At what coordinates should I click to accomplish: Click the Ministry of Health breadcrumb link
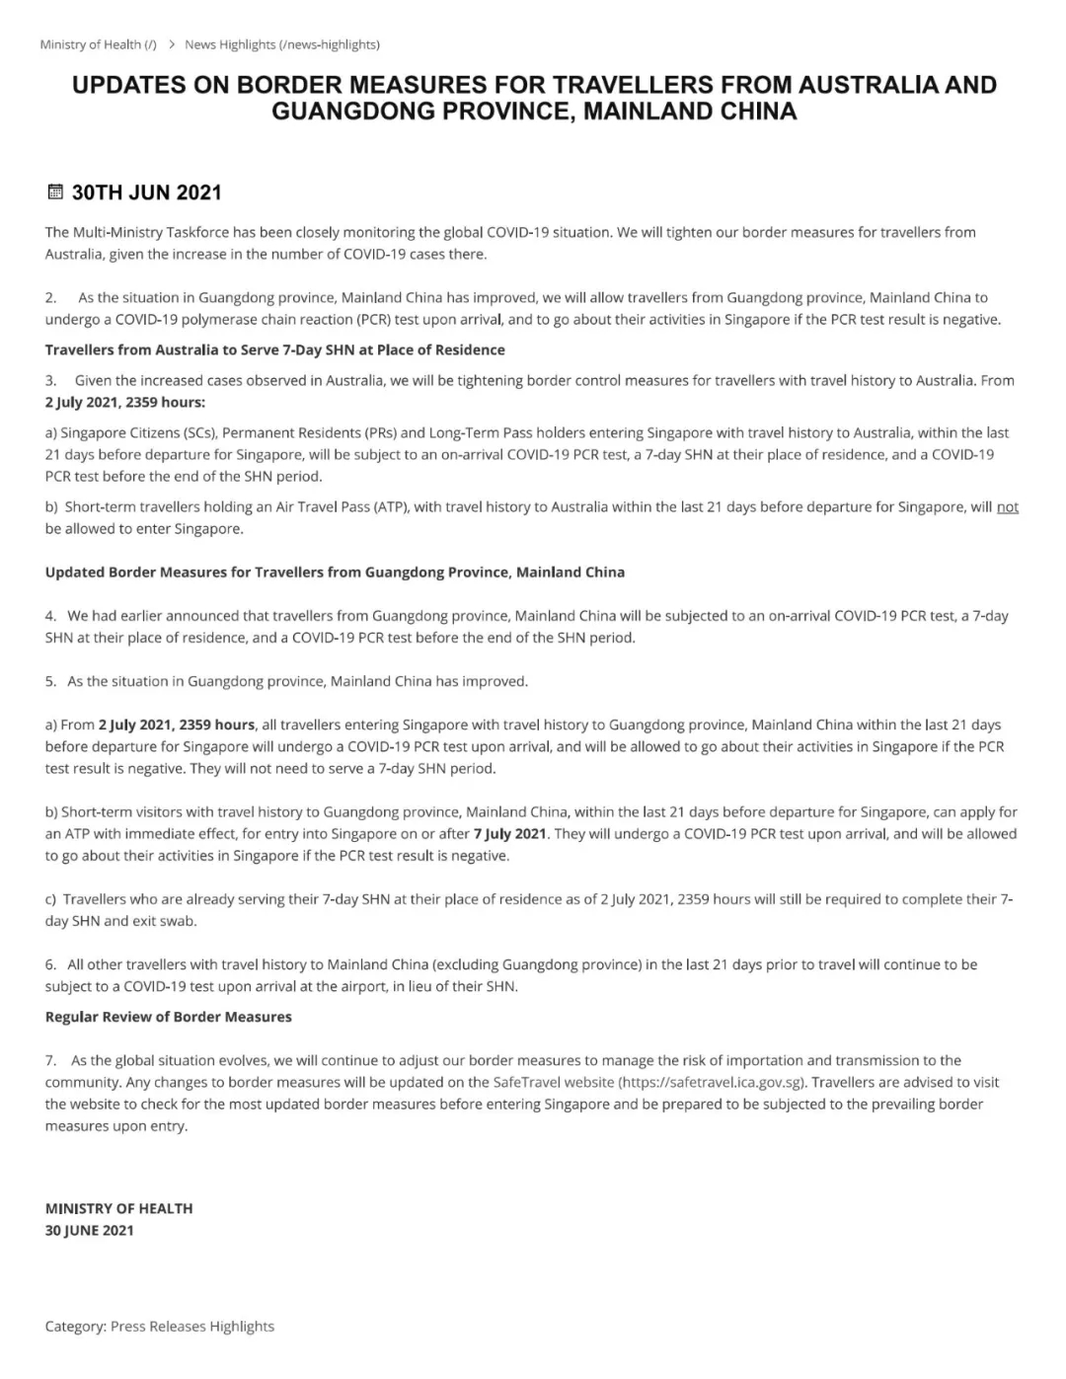[x=98, y=44]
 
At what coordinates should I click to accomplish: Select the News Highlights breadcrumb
[x=281, y=44]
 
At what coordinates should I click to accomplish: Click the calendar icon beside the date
[x=55, y=192]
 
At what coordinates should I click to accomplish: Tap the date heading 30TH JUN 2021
[x=146, y=192]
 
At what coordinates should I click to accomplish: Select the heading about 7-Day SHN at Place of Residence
[x=274, y=349]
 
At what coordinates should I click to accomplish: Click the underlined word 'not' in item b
[x=1007, y=506]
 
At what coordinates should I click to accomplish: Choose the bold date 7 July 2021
[x=509, y=833]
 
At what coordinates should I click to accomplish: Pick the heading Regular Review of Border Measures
[x=168, y=1017]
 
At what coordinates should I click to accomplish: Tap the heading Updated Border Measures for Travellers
[x=335, y=572]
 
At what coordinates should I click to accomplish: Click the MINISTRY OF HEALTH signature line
[x=118, y=1208]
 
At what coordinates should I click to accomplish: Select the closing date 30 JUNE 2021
[x=89, y=1230]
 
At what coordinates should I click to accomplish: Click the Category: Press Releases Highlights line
[x=159, y=1326]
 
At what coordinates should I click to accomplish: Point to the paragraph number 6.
[x=50, y=964]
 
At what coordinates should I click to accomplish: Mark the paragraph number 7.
[x=50, y=1060]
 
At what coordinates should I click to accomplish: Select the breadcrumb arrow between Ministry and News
[x=172, y=44]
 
